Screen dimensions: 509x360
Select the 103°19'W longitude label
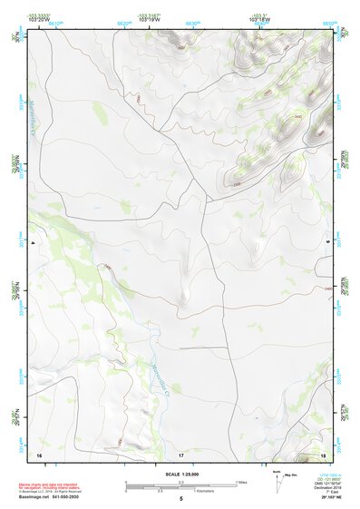pos(151,20)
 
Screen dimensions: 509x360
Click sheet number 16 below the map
pos(39,454)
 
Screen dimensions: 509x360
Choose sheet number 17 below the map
pos(181,454)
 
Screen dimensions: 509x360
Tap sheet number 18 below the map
pos(324,454)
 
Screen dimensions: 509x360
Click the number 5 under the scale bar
pos(181,499)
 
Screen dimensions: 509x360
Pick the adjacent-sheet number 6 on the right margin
pos(341,241)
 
